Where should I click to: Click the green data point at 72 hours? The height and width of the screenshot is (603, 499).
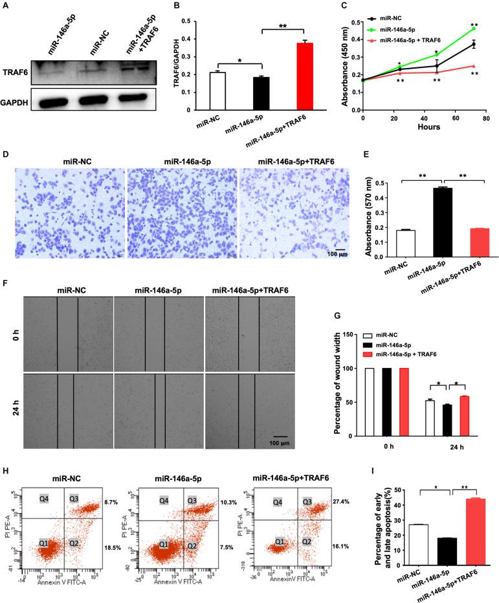click(474, 28)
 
